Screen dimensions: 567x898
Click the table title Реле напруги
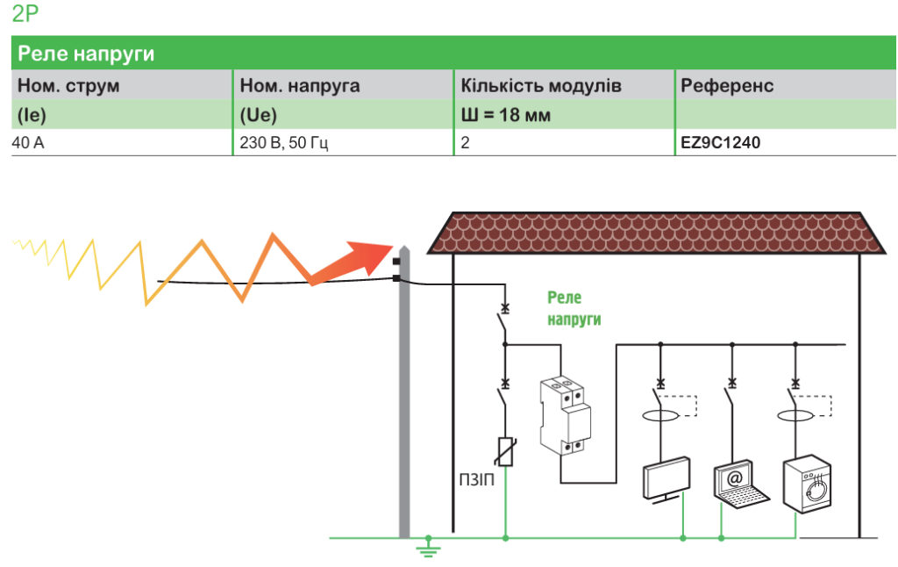point(87,54)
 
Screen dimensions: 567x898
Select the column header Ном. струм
point(68,86)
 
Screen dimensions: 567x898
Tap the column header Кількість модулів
point(541,86)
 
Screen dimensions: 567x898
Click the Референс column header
point(727,86)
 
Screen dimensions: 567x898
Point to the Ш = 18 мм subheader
point(506,115)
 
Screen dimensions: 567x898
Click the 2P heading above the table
point(25,14)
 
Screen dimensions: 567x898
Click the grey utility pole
point(403,395)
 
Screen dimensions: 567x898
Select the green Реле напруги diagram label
point(574,309)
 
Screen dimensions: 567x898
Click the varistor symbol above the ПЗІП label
point(505,452)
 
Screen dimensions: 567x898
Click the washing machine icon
point(807,482)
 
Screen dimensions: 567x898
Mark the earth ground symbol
point(428,549)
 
